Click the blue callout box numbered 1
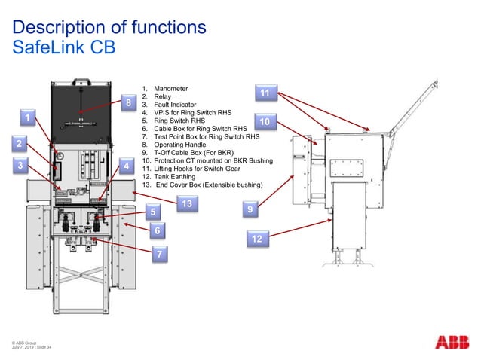coord(27,118)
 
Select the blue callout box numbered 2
coord(20,143)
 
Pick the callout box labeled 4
coord(126,166)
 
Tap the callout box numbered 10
coord(264,122)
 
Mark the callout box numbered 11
coord(265,93)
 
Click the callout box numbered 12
coord(257,239)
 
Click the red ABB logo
coord(452,342)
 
